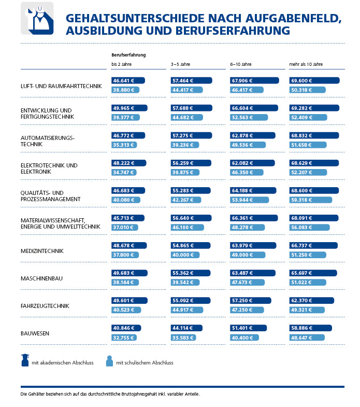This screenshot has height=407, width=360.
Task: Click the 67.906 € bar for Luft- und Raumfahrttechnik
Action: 254,80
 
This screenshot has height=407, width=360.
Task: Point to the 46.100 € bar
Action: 187,227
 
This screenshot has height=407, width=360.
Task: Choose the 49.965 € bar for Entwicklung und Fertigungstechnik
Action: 129,108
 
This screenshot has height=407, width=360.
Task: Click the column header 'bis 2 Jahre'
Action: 122,64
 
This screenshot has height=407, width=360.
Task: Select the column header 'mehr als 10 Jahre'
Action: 306,64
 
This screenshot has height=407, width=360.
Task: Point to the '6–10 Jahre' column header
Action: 241,64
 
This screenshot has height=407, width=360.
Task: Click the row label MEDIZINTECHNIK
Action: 42,251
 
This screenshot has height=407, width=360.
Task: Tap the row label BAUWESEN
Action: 35,333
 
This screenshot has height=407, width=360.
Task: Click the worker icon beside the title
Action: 37,18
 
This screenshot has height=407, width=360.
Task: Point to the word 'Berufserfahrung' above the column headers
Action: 128,54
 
